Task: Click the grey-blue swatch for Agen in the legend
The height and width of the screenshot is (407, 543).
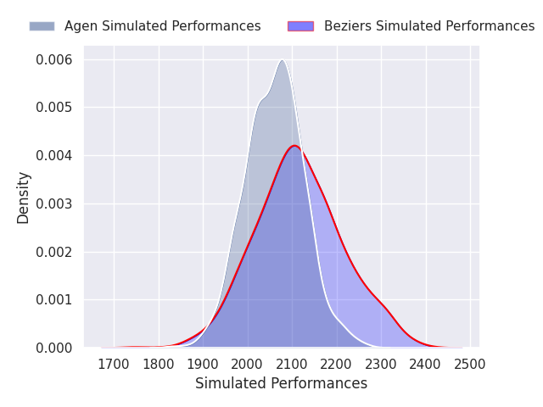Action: tap(42, 26)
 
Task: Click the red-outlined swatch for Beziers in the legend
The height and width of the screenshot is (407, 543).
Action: tap(300, 26)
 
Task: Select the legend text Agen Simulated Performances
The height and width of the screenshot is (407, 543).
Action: tap(162, 26)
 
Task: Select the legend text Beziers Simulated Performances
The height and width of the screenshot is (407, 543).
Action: tap(429, 26)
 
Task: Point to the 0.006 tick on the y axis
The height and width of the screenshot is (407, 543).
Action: tap(54, 60)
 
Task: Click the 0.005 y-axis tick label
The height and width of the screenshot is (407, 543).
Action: tap(54, 108)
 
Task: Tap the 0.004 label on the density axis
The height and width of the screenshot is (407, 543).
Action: tap(54, 156)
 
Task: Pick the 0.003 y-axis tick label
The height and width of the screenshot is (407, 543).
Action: tap(54, 203)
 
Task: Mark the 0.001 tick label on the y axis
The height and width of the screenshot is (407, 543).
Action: tap(54, 299)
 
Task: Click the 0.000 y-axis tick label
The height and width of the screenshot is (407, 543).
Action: tap(54, 348)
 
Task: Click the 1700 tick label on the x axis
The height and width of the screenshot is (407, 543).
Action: tap(114, 365)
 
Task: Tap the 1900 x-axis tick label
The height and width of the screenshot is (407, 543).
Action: tap(203, 365)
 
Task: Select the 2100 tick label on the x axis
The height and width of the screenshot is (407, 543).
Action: tap(292, 365)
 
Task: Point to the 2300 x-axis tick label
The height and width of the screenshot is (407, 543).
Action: tap(381, 365)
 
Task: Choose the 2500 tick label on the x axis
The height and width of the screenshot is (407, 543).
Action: tap(470, 365)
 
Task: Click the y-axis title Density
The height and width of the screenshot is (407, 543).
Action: tap(23, 198)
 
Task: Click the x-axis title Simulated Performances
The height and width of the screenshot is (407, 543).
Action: tap(281, 383)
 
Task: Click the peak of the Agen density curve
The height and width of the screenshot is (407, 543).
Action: tap(283, 60)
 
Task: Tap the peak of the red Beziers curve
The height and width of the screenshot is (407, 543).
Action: tap(294, 146)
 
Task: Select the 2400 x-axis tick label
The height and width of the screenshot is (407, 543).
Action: tap(426, 365)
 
